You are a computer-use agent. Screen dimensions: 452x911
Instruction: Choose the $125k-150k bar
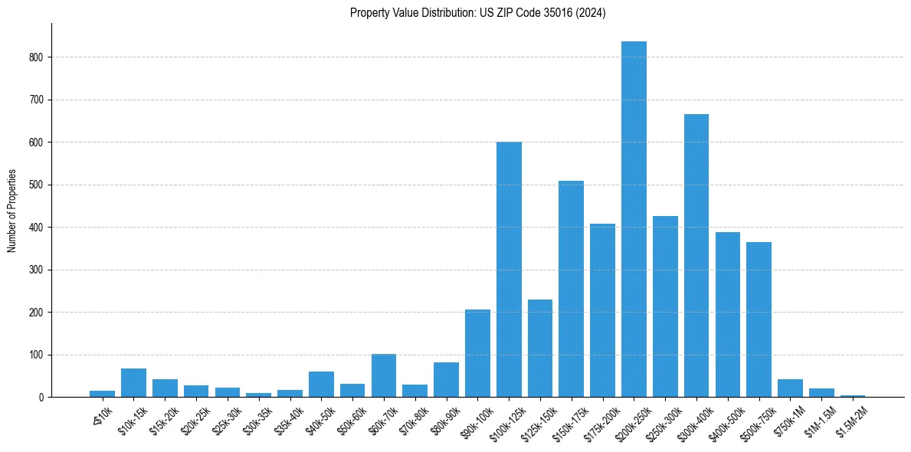click(540, 349)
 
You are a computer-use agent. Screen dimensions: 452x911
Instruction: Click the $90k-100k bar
click(477, 353)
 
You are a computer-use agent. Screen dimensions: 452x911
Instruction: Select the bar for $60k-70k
click(384, 375)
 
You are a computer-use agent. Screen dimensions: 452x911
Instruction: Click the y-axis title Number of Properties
click(11, 211)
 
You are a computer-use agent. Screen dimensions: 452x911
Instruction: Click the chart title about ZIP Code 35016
click(477, 13)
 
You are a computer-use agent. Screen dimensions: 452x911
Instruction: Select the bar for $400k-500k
click(728, 315)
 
